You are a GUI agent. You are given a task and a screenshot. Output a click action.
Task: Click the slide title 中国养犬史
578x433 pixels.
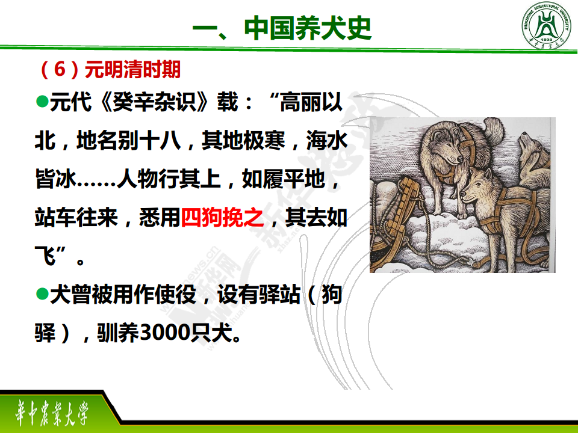(308, 28)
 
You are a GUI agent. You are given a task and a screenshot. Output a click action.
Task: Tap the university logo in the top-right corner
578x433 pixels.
(546, 25)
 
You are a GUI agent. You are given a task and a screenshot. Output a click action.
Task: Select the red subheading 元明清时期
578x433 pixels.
(132, 69)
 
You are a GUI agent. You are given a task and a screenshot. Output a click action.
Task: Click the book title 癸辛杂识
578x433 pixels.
(155, 102)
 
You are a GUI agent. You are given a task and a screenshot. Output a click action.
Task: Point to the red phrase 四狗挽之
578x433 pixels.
(222, 217)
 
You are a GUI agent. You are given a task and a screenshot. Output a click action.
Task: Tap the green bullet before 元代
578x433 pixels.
(42, 102)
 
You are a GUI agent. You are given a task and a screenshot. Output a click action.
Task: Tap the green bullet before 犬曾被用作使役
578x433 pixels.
(42, 294)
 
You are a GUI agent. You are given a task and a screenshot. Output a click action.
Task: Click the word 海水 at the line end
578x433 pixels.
(326, 140)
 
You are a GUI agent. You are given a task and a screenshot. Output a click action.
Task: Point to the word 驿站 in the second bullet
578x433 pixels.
(279, 294)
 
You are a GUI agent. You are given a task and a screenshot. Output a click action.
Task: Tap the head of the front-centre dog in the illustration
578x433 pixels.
(476, 186)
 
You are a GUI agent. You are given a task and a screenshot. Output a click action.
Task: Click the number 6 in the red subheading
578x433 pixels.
(60, 69)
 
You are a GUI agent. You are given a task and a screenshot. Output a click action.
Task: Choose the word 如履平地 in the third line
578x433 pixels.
(283, 179)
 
